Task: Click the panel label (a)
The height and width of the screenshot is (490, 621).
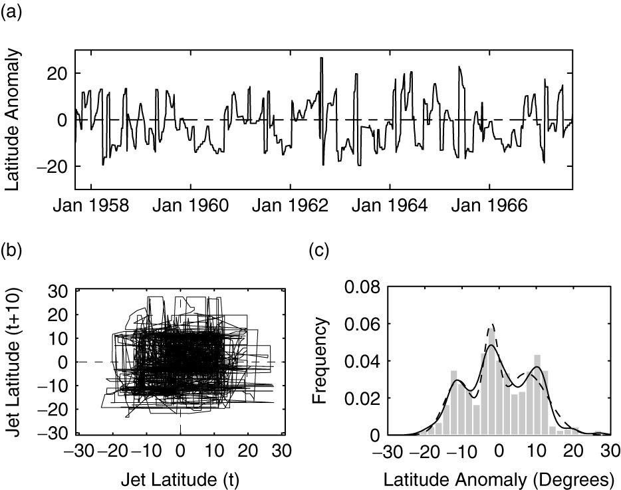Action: click(x=13, y=12)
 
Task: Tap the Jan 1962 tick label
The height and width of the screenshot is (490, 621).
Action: click(x=291, y=207)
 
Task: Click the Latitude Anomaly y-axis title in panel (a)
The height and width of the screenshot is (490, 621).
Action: click(x=13, y=119)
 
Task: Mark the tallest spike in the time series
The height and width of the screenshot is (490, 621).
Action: click(x=322, y=60)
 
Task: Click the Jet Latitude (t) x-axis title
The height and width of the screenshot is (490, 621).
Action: click(x=181, y=477)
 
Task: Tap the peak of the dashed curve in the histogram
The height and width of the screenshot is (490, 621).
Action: click(x=493, y=325)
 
